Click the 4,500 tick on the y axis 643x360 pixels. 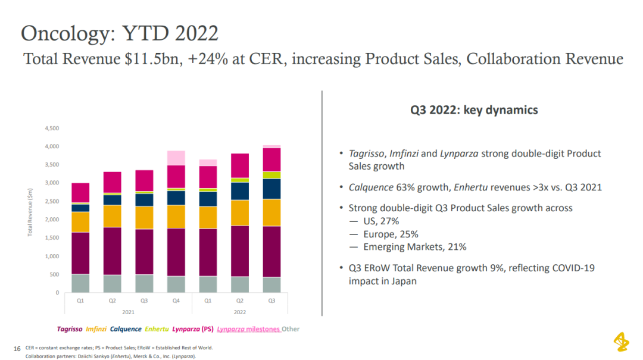click(x=52, y=128)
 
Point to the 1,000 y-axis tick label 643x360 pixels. click(x=52, y=256)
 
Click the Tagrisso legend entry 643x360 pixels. click(x=70, y=328)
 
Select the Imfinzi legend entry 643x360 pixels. click(x=96, y=328)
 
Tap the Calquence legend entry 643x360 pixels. click(x=126, y=328)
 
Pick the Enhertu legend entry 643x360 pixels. click(x=157, y=328)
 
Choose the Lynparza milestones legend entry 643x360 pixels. click(x=248, y=328)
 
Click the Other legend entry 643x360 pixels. click(x=291, y=328)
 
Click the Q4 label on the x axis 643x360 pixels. click(x=176, y=301)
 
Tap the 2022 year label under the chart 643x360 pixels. click(x=240, y=311)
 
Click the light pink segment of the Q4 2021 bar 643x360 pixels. click(x=176, y=158)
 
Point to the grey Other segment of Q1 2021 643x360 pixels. click(x=80, y=283)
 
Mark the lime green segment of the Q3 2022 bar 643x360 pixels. click(x=272, y=175)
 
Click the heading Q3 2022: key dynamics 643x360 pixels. click(x=474, y=109)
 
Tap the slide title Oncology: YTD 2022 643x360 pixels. click(x=120, y=33)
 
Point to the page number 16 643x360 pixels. click(x=16, y=348)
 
